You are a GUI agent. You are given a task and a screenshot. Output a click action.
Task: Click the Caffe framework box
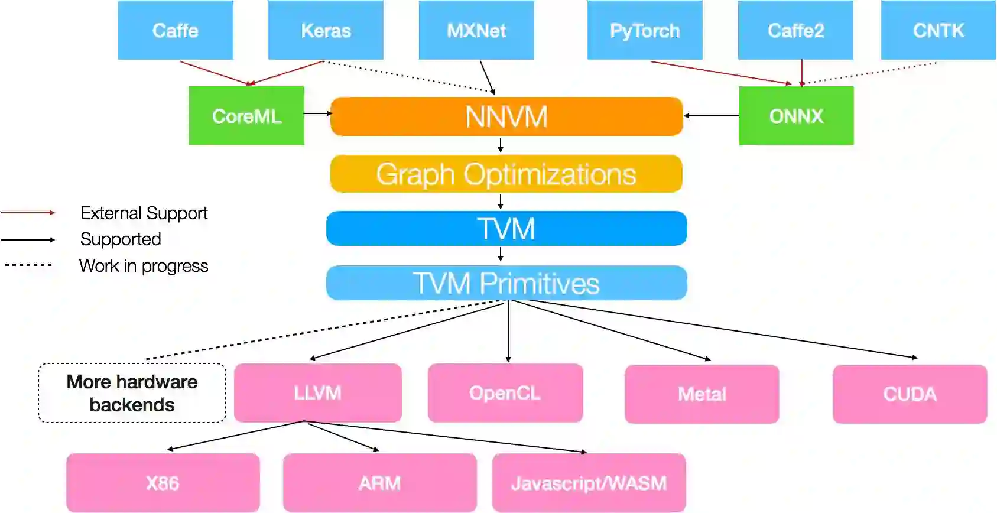(x=176, y=30)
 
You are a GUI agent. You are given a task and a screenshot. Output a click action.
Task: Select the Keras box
(x=326, y=30)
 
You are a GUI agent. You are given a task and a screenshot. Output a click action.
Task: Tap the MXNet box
(x=476, y=30)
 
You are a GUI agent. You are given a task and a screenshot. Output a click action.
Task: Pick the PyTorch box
(x=645, y=30)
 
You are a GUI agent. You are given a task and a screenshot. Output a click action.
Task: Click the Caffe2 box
(x=795, y=30)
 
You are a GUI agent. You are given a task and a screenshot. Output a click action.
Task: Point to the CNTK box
(x=938, y=30)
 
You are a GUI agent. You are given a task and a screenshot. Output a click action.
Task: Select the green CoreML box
(x=246, y=116)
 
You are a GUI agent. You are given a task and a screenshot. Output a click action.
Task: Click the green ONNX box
(x=796, y=116)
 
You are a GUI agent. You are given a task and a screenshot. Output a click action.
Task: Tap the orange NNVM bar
(x=506, y=116)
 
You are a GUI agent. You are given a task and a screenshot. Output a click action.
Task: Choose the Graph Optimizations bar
(x=506, y=174)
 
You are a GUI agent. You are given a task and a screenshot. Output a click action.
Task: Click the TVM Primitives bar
(x=506, y=283)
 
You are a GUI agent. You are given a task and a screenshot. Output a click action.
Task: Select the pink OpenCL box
(x=505, y=393)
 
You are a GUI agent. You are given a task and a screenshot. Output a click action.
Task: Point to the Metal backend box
(x=702, y=394)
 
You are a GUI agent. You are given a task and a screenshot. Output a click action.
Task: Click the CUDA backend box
(x=910, y=394)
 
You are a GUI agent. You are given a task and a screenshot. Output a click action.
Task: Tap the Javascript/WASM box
(x=589, y=483)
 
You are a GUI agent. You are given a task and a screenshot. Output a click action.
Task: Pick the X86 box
(x=163, y=483)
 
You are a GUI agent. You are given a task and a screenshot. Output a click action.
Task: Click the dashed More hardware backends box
(x=132, y=393)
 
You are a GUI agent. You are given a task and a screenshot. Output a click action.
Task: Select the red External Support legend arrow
(x=28, y=212)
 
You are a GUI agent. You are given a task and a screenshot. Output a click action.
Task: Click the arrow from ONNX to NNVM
(x=711, y=116)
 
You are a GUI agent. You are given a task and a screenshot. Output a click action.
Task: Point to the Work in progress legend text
(x=144, y=266)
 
